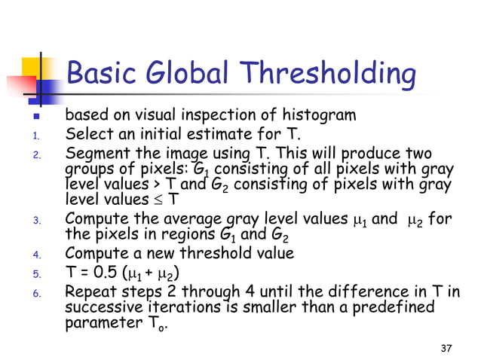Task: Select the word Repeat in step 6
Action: (90, 291)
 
